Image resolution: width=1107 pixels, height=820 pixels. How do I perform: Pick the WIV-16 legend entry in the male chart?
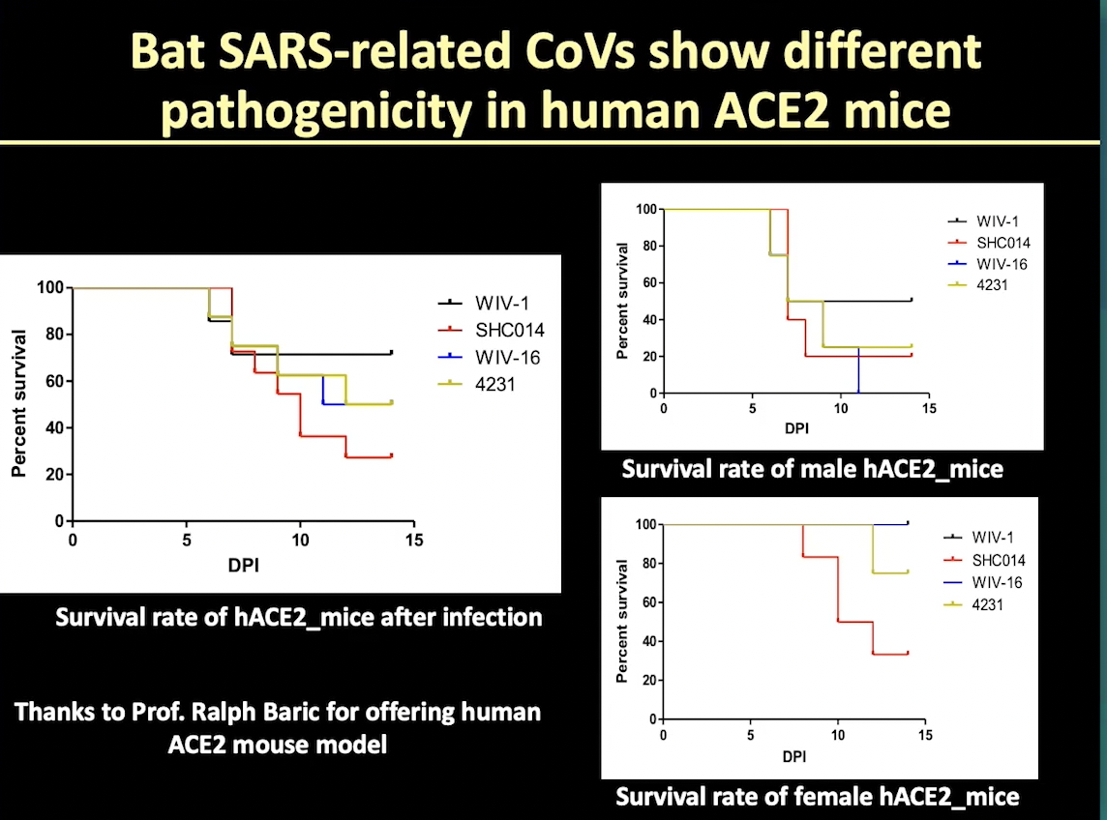point(996,264)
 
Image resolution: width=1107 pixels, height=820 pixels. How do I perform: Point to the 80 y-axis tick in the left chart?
point(51,335)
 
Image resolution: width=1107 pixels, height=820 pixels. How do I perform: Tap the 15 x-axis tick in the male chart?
point(928,409)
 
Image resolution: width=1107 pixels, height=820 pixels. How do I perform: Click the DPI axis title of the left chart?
point(243,563)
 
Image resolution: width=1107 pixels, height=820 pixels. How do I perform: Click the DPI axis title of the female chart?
point(793,754)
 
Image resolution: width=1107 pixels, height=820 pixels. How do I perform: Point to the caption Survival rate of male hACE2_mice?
point(812,470)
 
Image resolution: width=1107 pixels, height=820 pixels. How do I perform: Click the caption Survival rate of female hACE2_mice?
point(818,798)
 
